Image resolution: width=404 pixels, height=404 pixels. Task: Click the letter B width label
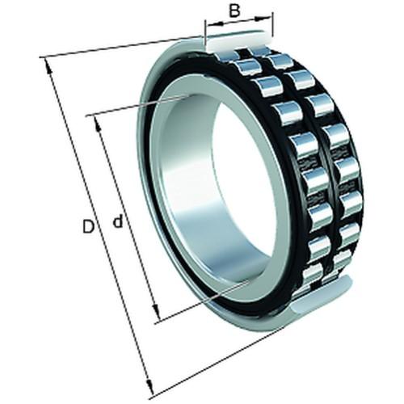tap(234, 11)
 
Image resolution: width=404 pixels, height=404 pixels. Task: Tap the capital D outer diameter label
tap(88, 227)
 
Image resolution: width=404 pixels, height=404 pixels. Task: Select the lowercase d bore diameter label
tap(117, 221)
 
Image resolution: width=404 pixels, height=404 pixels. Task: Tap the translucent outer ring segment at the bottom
tap(323, 295)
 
